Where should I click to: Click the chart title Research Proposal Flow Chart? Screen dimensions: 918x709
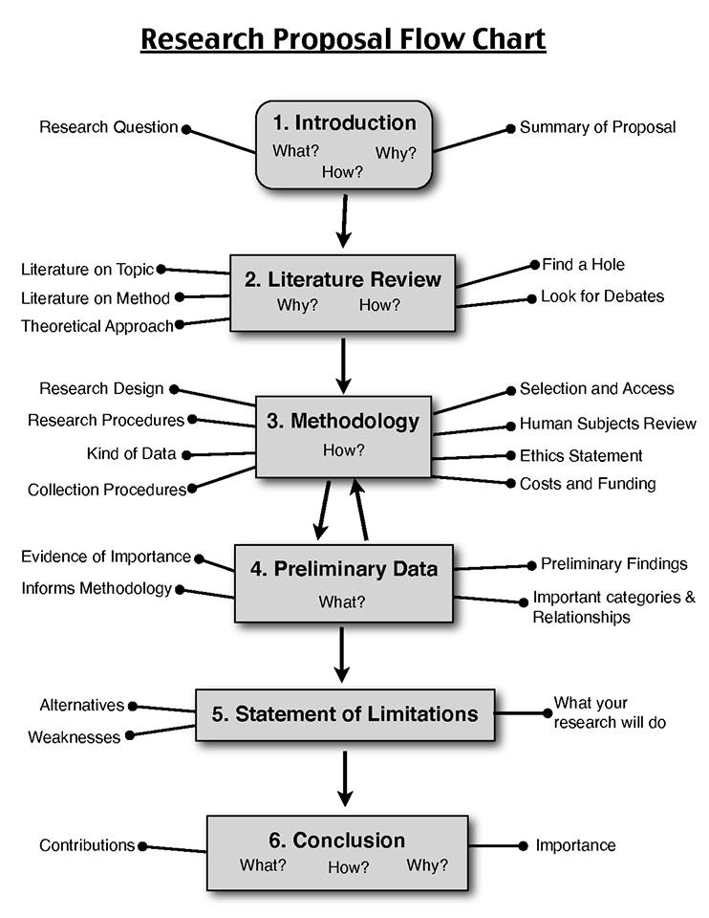tap(343, 40)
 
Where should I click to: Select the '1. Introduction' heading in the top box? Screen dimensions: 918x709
tap(344, 122)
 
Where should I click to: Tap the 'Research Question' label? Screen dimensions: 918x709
tap(108, 127)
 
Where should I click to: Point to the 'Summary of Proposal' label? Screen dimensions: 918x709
tap(597, 127)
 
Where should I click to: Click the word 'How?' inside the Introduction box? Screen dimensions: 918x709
tap(343, 173)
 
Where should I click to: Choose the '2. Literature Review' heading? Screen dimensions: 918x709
tap(343, 279)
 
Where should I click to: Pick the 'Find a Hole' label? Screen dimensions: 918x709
tap(583, 264)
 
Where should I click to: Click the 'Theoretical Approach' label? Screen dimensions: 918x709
tap(97, 326)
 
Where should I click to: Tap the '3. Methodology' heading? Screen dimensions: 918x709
tap(343, 421)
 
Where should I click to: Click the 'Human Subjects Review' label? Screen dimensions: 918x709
tap(608, 424)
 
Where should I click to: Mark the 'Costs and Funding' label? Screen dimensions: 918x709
tap(588, 484)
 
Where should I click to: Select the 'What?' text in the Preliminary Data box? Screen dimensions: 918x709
tap(342, 602)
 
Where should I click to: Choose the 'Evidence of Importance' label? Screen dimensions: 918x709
tap(105, 557)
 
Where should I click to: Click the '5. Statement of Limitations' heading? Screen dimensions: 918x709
tap(345, 713)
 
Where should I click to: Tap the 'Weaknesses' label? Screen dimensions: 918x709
tap(75, 737)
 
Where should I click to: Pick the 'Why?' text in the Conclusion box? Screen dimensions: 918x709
tap(426, 865)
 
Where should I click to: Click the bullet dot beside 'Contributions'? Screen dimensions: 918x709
tap(143, 846)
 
